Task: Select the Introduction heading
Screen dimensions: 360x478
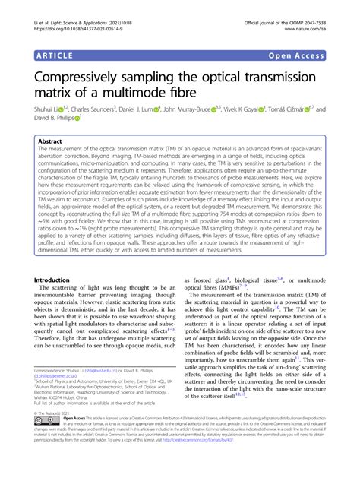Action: click(58, 258)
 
